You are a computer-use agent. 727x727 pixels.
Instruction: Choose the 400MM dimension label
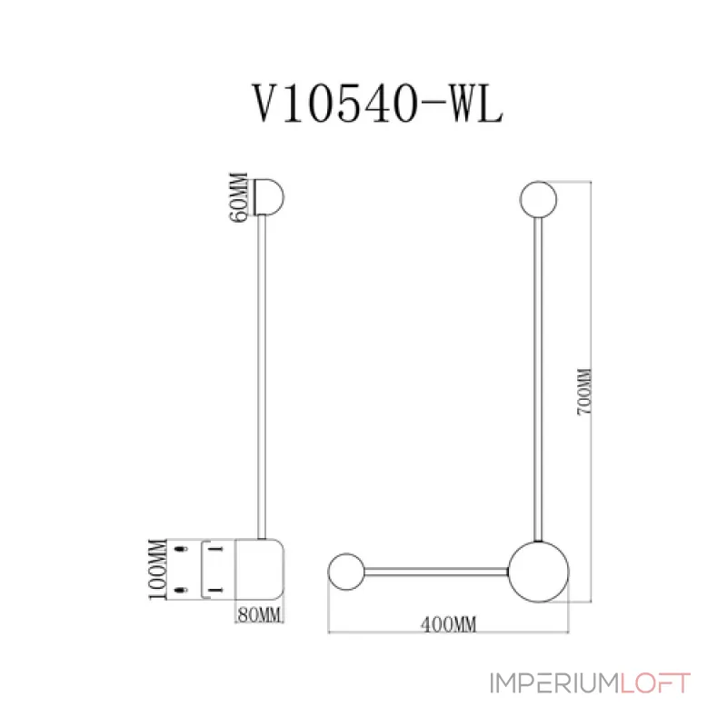tap(450, 623)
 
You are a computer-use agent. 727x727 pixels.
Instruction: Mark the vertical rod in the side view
tap(265, 382)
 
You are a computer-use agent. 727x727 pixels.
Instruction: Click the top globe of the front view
tap(540, 199)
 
